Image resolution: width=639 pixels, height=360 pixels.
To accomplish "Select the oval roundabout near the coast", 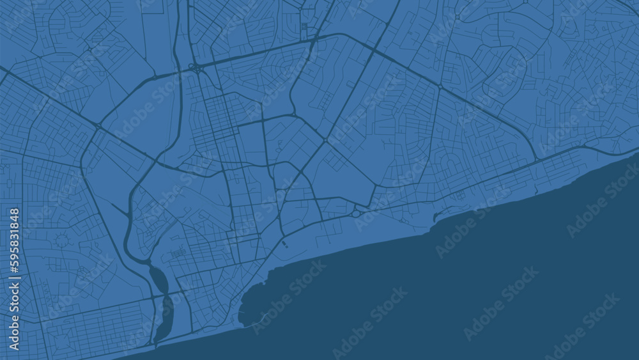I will tap(355, 214).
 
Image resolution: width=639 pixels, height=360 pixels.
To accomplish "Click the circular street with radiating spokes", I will tap(62, 241).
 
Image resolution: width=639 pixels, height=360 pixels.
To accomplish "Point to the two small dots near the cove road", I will tap(284, 245).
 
